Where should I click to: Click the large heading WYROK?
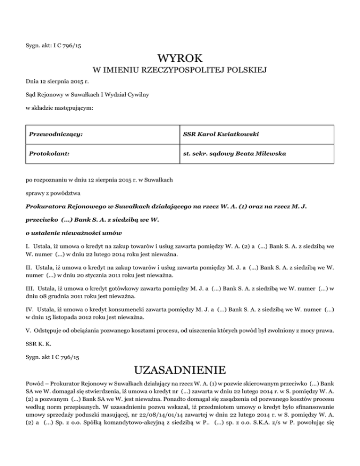tap(180, 59)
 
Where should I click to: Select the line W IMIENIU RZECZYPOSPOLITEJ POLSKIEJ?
tap(180, 71)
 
